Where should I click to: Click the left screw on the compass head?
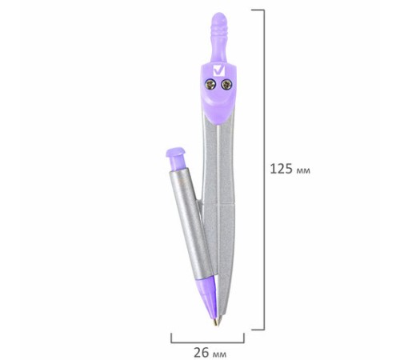click(x=210, y=85)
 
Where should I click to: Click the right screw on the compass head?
click(x=226, y=85)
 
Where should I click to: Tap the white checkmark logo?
click(x=219, y=70)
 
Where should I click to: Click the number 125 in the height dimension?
click(x=282, y=169)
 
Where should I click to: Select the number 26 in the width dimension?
click(x=202, y=353)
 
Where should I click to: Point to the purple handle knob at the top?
click(x=219, y=38)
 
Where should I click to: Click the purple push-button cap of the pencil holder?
click(x=176, y=158)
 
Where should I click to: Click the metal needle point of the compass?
click(x=219, y=320)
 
